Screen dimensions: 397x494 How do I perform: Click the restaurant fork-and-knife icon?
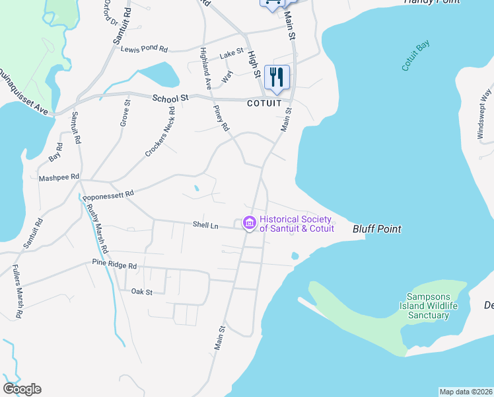point(277,77)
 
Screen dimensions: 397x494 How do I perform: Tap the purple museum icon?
point(250,224)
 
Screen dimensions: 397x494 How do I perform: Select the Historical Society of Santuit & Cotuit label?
point(297,224)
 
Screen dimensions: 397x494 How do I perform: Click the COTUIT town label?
point(264,104)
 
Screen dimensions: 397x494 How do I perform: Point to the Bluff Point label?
point(377,229)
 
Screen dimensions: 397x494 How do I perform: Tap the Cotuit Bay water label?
point(415,56)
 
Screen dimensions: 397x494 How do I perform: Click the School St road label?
point(170,98)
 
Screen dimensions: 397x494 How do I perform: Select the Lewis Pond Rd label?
point(144,49)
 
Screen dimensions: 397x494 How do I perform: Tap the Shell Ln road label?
point(205,226)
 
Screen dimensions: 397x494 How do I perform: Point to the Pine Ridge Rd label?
point(114,265)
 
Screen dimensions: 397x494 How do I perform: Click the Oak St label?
point(141,291)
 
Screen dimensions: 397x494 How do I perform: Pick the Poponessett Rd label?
point(108,195)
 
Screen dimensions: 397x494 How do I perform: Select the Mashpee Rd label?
point(59,177)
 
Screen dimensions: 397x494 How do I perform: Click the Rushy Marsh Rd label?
point(97,228)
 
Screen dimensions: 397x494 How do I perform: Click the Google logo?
point(22,389)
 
